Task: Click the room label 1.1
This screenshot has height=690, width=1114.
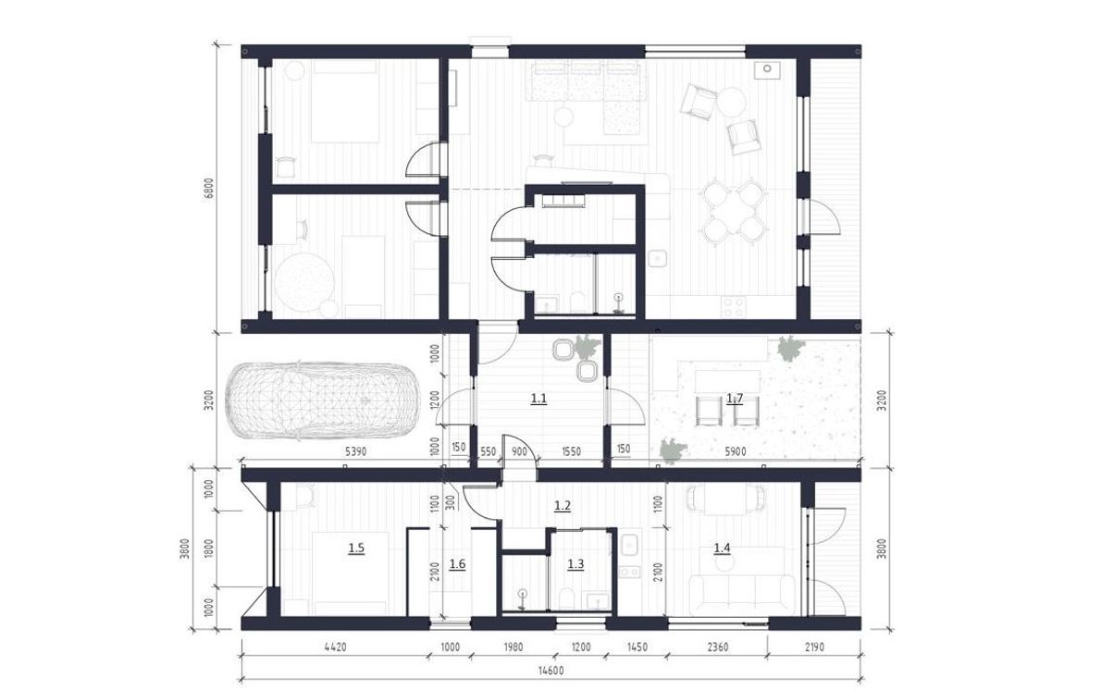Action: (x=538, y=399)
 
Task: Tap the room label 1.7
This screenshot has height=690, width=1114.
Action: (x=735, y=399)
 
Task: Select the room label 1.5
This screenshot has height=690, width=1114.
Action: (x=356, y=548)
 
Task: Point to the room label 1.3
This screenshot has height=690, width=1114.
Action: (x=576, y=564)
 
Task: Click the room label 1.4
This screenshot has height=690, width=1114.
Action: (x=722, y=548)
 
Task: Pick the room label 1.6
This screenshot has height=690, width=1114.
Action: (x=457, y=564)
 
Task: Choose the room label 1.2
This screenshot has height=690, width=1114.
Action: (x=563, y=506)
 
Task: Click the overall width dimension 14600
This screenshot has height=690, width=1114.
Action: (x=551, y=671)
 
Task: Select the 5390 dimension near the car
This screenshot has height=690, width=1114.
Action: (x=355, y=451)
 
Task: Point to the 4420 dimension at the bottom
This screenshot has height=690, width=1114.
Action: (x=335, y=647)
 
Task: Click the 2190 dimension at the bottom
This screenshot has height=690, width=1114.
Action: (x=814, y=647)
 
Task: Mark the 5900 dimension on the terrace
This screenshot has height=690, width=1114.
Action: (x=735, y=451)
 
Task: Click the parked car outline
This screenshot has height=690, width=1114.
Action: (x=322, y=400)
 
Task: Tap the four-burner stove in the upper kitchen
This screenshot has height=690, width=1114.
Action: (x=734, y=306)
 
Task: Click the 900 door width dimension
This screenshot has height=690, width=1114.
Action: (x=519, y=451)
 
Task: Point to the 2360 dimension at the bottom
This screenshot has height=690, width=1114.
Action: (x=718, y=647)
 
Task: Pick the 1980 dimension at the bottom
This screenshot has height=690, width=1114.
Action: (x=514, y=647)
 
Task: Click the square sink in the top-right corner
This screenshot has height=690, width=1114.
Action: (x=767, y=70)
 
